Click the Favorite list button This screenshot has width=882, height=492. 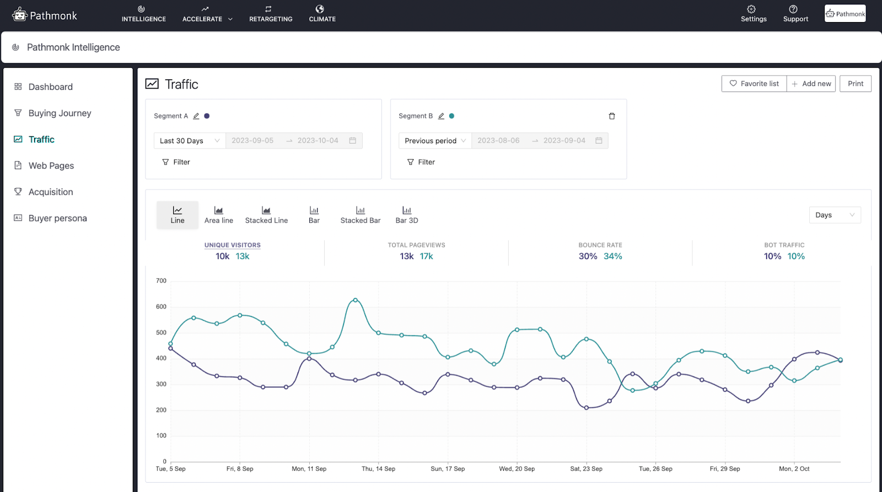[x=754, y=84]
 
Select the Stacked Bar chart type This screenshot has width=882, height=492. [x=360, y=214]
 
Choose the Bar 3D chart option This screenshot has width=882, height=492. [x=406, y=214]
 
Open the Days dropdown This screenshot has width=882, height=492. [x=834, y=215]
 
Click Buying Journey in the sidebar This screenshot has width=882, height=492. [x=60, y=113]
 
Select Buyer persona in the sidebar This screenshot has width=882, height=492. [x=57, y=218]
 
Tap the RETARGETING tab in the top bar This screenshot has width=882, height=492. [x=271, y=14]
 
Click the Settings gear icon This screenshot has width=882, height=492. [x=751, y=9]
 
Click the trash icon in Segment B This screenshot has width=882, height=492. [x=611, y=116]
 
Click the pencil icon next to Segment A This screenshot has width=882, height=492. [x=196, y=116]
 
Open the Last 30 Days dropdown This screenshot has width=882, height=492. [x=189, y=141]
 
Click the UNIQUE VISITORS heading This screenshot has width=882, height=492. [x=232, y=245]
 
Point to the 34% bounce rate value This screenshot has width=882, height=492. [x=612, y=256]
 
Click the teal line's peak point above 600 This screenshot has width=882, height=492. [x=356, y=300]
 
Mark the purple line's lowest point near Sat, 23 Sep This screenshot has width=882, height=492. [x=587, y=408]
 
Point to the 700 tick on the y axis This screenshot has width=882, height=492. [x=161, y=281]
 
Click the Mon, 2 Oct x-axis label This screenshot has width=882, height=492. [x=794, y=469]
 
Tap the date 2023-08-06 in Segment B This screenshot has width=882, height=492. [x=498, y=141]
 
